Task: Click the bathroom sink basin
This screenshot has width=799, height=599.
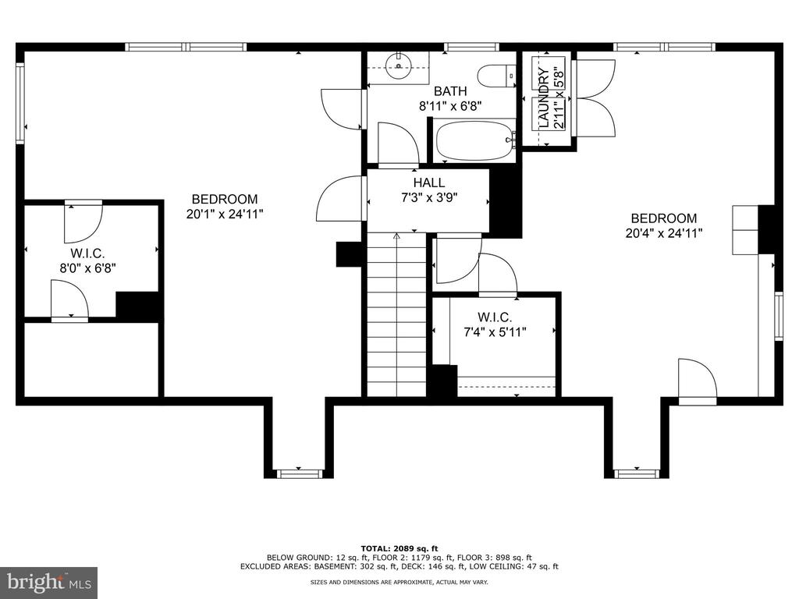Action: pyautogui.click(x=399, y=66)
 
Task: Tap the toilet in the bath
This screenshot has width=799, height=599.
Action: pyautogui.click(x=497, y=76)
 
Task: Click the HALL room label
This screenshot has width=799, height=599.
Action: pyautogui.click(x=428, y=183)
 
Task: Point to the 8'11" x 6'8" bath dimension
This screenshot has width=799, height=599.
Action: pyautogui.click(x=450, y=106)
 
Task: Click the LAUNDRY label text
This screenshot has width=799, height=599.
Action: pyautogui.click(x=544, y=97)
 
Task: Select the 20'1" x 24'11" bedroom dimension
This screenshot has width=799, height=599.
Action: pyautogui.click(x=225, y=214)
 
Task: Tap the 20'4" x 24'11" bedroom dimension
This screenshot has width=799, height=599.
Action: pyautogui.click(x=664, y=233)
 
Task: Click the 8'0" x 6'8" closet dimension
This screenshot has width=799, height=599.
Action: pyautogui.click(x=88, y=268)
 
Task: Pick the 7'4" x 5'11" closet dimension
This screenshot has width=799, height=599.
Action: pyautogui.click(x=495, y=332)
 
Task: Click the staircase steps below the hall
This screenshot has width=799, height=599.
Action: pyautogui.click(x=396, y=314)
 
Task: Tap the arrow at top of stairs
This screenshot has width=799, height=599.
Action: pyautogui.click(x=396, y=236)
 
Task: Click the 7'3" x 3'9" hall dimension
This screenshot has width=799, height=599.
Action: pyautogui.click(x=429, y=197)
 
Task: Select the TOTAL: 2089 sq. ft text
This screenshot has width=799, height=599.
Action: pyautogui.click(x=399, y=548)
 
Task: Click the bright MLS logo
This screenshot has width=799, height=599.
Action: pyautogui.click(x=48, y=582)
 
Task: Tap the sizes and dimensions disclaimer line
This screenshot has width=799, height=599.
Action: pyautogui.click(x=399, y=582)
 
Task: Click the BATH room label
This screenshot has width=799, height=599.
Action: pyautogui.click(x=450, y=91)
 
